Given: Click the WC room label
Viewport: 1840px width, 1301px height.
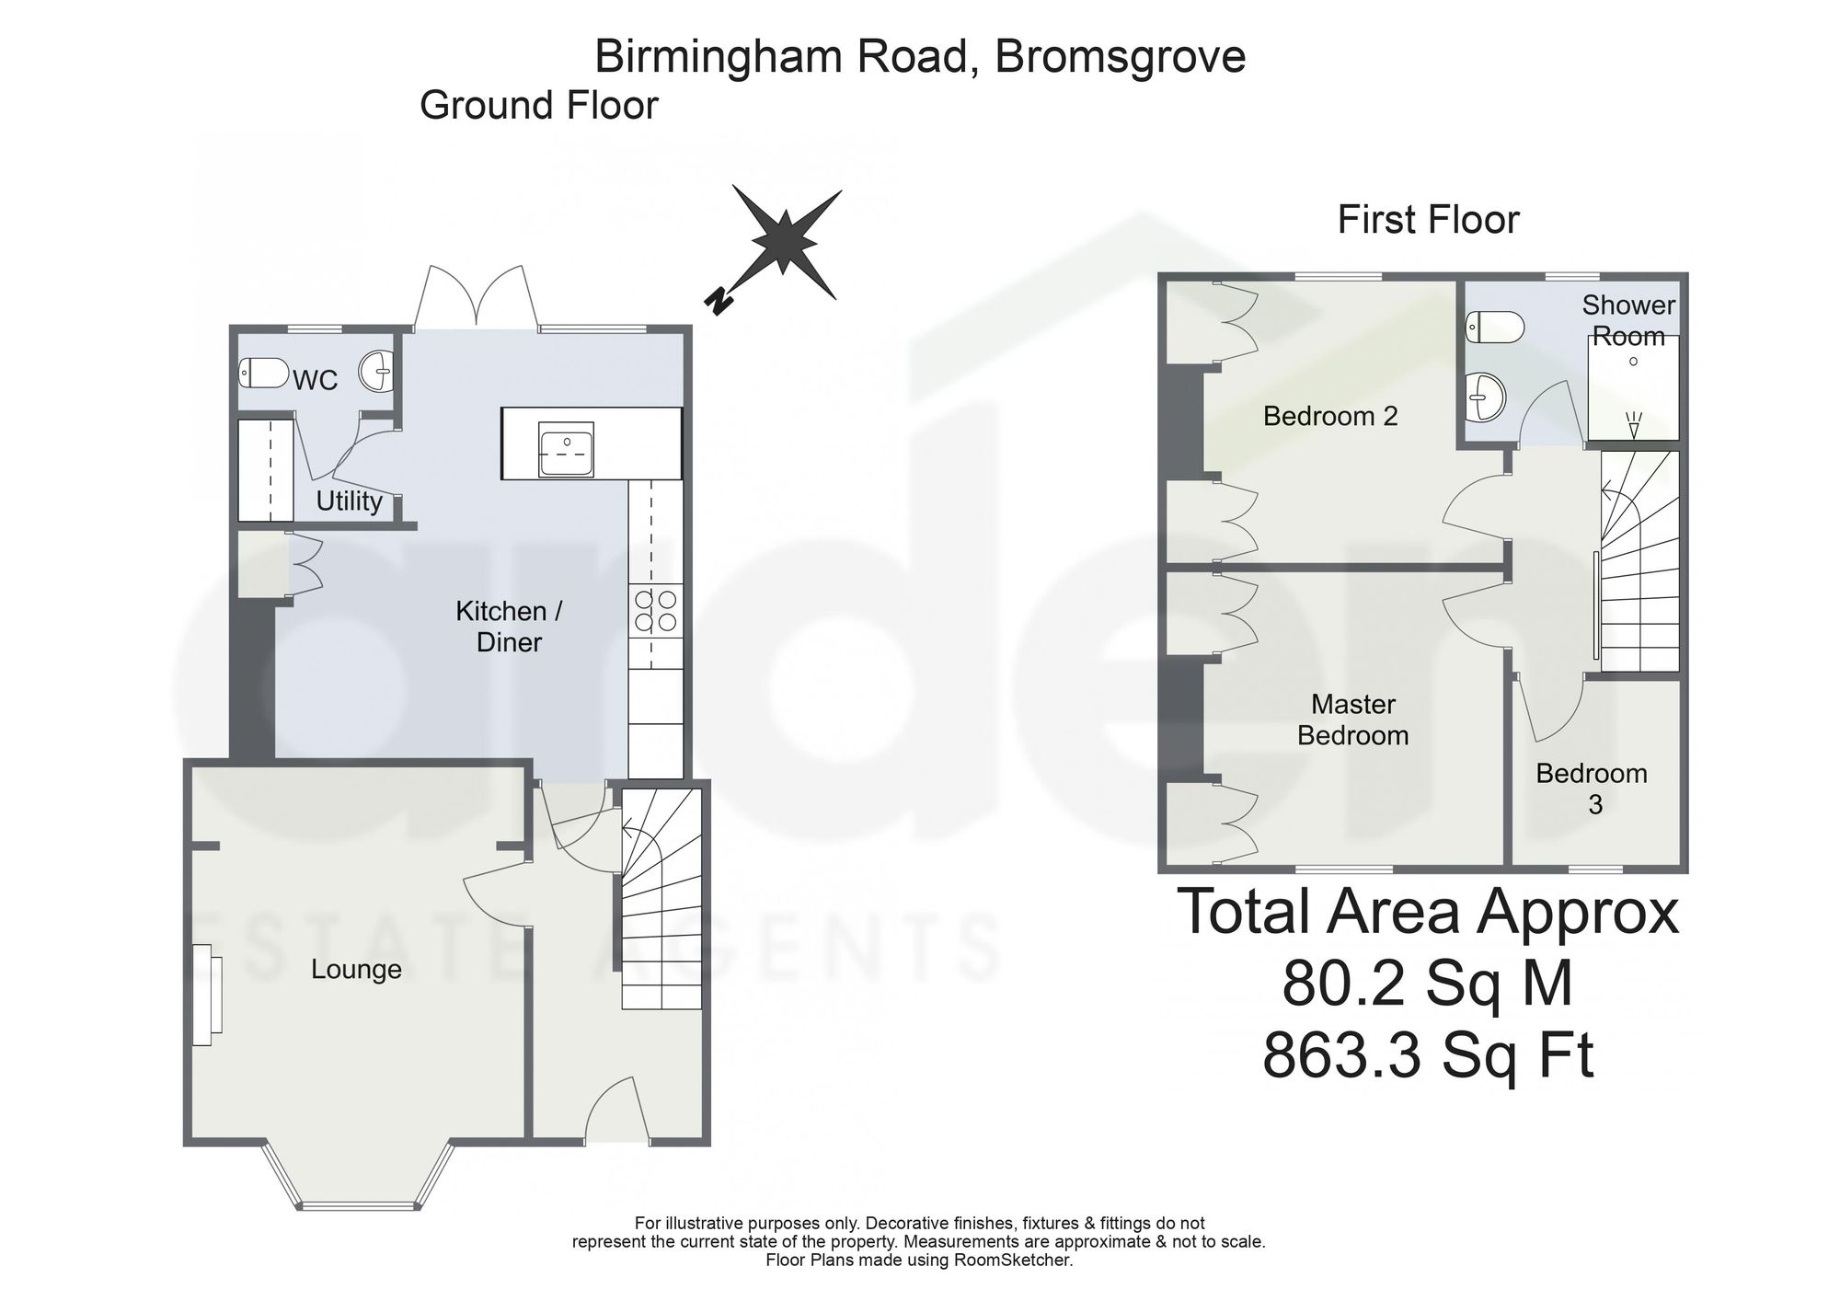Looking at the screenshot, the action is pos(316,380).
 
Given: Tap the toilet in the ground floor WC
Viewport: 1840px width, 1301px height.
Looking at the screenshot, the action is pos(264,373).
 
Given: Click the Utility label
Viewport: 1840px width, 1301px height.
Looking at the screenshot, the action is pos(349,501).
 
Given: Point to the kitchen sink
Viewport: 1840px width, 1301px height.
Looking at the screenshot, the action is pos(567,449).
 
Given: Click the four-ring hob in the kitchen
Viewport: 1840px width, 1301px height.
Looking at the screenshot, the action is pos(655,611).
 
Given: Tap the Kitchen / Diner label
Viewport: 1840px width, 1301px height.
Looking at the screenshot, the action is pos(509,627).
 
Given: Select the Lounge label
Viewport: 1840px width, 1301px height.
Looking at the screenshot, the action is pos(356,970).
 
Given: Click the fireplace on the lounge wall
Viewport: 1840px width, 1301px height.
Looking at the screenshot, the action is pos(207,995).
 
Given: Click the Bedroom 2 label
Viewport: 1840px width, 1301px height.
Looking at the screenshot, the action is pos(1330,417).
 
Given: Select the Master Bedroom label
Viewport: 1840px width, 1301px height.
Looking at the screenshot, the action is pos(1353,720).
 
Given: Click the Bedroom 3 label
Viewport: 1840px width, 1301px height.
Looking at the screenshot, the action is pos(1592,789).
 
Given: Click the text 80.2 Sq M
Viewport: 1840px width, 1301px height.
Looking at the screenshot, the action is pos(1428,983).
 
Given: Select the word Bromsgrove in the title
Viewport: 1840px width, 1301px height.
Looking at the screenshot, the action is pos(1121,57).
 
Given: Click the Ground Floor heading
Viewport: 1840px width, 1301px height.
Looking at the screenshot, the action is pos(539,106).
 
